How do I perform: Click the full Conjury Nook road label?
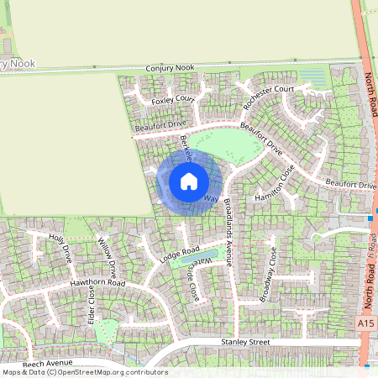coord(171,67)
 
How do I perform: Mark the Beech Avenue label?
coord(44,365)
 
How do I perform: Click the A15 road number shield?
coord(363,323)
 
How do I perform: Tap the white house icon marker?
coord(189,181)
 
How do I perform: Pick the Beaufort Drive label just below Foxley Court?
coord(160,126)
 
